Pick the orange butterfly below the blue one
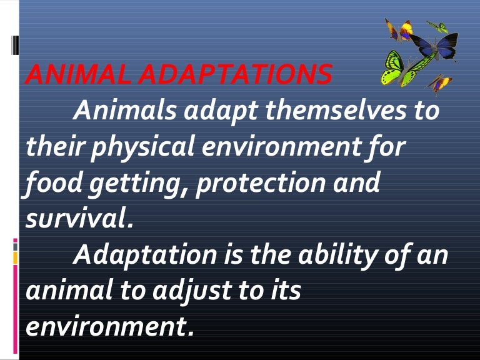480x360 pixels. [x=440, y=82]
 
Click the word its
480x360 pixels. [x=285, y=291]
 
